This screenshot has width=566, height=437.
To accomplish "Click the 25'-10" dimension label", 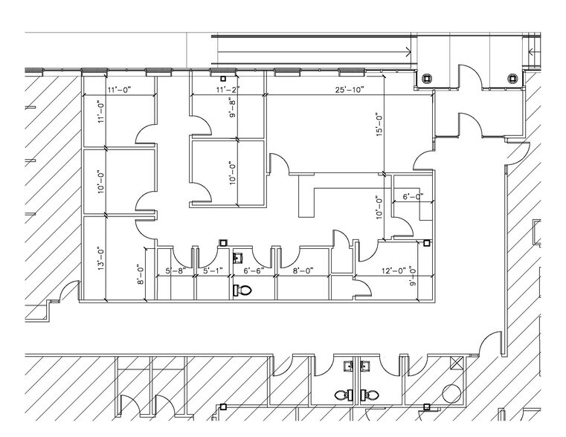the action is (x=350, y=90).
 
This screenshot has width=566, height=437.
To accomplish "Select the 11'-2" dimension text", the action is (x=228, y=90).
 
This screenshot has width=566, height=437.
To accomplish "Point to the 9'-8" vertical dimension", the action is (x=233, y=109).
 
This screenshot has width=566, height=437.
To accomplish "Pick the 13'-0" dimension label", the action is (x=101, y=259).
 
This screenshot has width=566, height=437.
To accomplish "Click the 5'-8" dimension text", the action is (x=176, y=270).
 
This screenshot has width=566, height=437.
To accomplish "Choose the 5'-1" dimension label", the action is (x=213, y=270).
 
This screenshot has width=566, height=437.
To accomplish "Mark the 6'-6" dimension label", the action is (x=254, y=270).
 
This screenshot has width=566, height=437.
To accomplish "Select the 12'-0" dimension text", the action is (x=394, y=270).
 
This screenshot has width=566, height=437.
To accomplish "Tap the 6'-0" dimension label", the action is (x=413, y=196).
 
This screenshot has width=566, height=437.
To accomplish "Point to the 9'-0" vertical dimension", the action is (x=413, y=276).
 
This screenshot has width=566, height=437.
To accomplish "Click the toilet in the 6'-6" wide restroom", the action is (x=242, y=290).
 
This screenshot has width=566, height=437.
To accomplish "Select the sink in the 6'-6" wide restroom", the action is (x=238, y=259).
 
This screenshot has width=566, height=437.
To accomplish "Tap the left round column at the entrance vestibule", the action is (x=426, y=78).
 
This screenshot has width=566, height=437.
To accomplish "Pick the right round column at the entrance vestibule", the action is (x=512, y=78).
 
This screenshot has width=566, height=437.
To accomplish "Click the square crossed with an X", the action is (x=456, y=363).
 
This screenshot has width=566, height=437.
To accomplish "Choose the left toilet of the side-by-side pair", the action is (x=344, y=395).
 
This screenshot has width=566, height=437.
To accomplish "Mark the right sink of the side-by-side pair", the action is (x=366, y=366).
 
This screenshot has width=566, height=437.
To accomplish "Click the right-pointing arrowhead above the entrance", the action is (x=408, y=52).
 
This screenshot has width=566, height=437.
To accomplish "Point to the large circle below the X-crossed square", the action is (x=452, y=393).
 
